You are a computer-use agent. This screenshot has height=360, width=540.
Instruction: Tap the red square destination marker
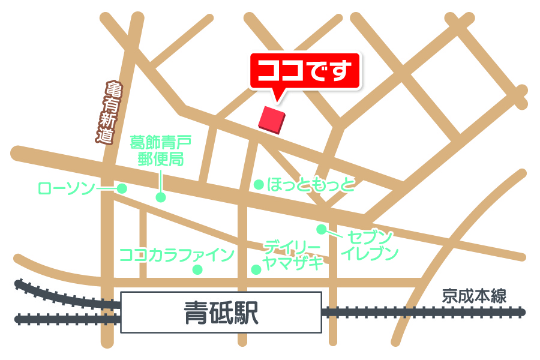[x=271, y=119]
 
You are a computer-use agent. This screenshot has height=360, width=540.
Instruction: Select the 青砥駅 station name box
[x=221, y=312]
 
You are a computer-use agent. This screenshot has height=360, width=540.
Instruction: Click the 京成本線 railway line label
[x=475, y=296]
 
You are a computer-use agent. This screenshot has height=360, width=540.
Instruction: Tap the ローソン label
[x=66, y=188]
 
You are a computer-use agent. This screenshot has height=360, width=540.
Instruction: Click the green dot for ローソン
[x=122, y=188]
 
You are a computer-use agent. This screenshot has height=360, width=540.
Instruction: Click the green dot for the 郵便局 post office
[x=161, y=197]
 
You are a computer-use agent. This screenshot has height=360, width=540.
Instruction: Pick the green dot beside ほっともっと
[x=259, y=185]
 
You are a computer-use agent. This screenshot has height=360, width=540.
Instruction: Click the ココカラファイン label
[x=176, y=255]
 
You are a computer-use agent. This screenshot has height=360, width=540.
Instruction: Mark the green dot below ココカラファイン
[x=197, y=269]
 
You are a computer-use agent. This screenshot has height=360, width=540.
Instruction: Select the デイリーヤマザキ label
[x=293, y=254]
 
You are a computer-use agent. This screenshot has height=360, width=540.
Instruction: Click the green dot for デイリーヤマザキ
[x=256, y=269]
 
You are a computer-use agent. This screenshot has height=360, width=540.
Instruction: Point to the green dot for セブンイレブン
[x=322, y=229]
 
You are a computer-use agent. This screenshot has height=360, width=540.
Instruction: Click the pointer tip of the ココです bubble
[x=277, y=99]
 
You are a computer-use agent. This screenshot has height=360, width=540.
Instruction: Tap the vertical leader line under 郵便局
[x=161, y=180]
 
